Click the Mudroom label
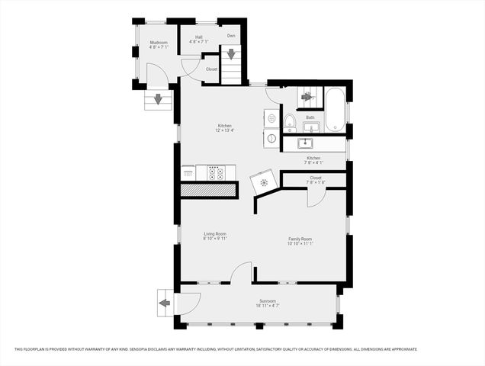click(x=158, y=42)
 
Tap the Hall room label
click(x=198, y=37)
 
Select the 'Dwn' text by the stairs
click(x=231, y=37)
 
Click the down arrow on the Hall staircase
click(x=230, y=55)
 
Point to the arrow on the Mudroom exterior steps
click(x=158, y=98)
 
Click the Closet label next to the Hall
click(x=211, y=69)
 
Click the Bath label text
click(x=310, y=117)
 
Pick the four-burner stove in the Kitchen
click(x=216, y=172)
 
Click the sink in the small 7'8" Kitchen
click(x=307, y=142)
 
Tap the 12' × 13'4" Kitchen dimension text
click(x=224, y=130)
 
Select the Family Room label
click(x=300, y=239)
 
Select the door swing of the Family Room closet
click(x=314, y=198)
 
